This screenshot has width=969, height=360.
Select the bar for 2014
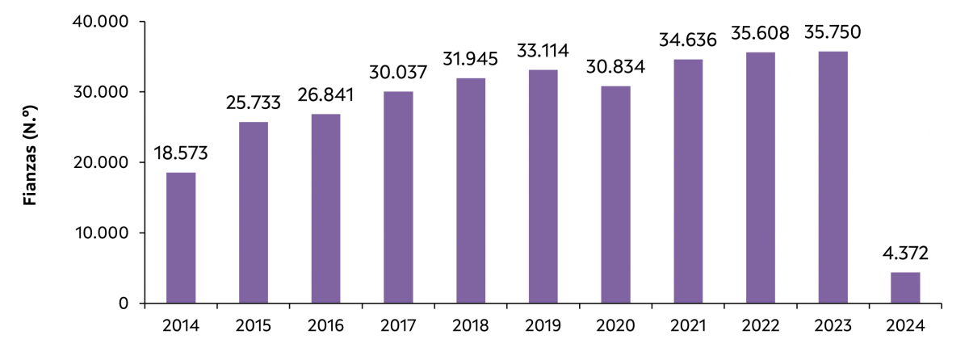[x=181, y=238]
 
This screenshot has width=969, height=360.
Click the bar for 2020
[x=615, y=195]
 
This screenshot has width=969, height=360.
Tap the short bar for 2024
[x=905, y=288]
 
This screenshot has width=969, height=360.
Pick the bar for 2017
[x=398, y=198]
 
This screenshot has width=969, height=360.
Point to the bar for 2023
[x=833, y=178]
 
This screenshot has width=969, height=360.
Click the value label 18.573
[x=181, y=156]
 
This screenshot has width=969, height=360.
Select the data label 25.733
[x=254, y=105]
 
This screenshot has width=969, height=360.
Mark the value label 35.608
[x=760, y=35]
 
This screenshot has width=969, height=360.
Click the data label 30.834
[x=615, y=69]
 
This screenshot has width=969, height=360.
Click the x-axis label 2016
[x=325, y=326]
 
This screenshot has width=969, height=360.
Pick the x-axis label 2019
[x=543, y=326]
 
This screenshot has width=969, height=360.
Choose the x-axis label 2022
[x=760, y=326]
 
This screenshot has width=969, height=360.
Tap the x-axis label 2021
[x=688, y=326]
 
